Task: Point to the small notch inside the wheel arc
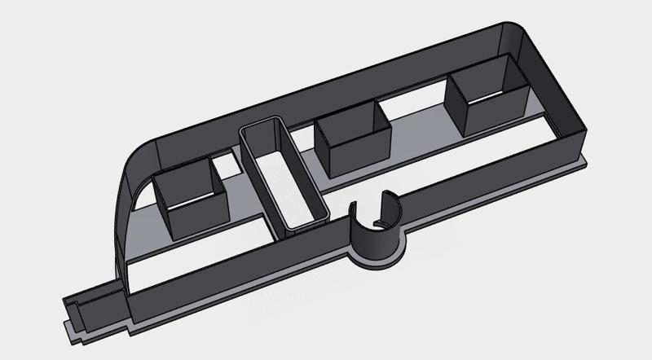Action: [x=378, y=222]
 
